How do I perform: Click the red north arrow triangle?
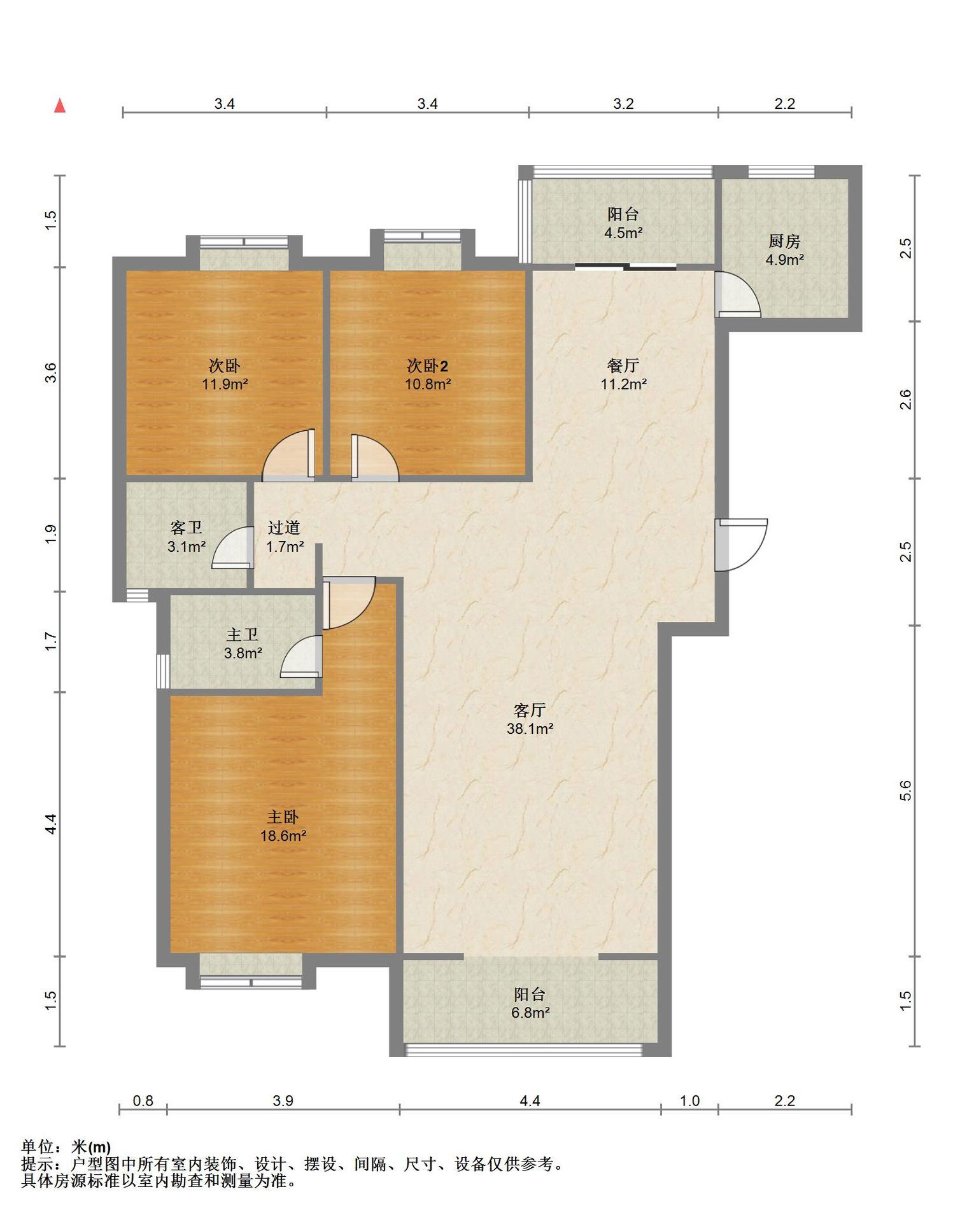coord(60,106)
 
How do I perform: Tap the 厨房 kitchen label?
coord(784,241)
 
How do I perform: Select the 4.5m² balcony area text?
coord(623,233)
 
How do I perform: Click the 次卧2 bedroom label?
coord(428,366)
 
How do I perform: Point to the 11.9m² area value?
coord(225,384)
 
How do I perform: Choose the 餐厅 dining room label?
coord(623,366)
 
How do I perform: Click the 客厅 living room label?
coord(530,710)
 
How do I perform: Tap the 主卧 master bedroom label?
coord(283,817)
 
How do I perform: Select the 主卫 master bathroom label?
coord(243,635)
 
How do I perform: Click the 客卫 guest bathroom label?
coord(187,528)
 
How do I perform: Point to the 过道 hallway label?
coord(284,528)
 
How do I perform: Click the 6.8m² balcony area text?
coord(530,1013)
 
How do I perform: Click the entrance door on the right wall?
coord(741,545)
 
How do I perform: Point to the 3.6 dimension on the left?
coord(51,372)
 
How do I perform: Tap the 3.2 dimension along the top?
coord(623,104)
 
